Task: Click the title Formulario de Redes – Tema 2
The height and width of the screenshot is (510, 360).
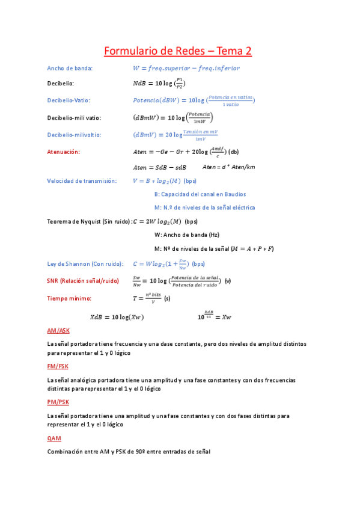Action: [178, 52]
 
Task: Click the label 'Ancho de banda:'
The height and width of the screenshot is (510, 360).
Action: [70, 69]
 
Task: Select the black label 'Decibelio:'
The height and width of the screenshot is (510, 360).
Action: [61, 84]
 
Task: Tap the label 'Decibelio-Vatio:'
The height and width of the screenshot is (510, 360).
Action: [69, 100]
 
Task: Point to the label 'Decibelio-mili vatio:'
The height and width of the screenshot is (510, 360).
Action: [74, 117]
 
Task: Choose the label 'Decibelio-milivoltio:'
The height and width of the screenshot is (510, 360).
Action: [74, 135]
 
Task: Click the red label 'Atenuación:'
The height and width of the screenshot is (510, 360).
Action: [63, 152]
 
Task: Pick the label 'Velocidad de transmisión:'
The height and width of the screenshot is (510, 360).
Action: [81, 180]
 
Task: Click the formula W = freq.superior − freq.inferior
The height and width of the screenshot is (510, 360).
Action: [186, 69]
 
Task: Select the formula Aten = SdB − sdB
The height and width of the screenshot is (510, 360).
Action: [159, 167]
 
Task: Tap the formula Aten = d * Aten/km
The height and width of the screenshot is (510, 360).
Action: [228, 167]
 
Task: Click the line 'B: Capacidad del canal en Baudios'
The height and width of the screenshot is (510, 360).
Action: [200, 194]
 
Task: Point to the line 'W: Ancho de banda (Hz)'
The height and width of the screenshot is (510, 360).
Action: [186, 235]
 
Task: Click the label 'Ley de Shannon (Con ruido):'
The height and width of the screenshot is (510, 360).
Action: [85, 263]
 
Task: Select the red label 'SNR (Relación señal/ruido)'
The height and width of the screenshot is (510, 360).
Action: [83, 281]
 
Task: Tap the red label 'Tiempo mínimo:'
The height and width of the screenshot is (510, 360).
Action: [69, 298]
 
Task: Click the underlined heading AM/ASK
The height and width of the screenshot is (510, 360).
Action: [58, 331]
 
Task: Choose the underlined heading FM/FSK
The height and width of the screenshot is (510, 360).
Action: [58, 366]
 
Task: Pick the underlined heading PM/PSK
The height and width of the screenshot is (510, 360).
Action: [58, 402]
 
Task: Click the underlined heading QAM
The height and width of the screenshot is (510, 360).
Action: [54, 438]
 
